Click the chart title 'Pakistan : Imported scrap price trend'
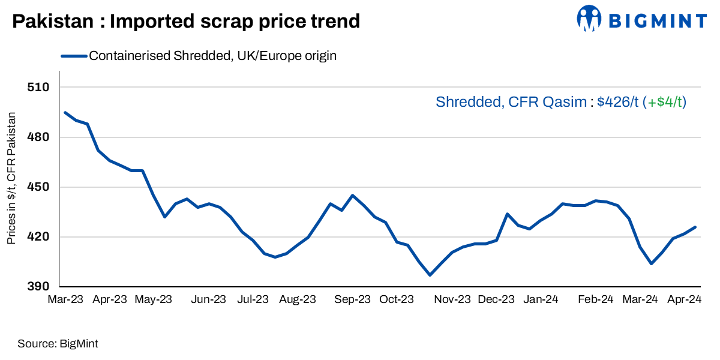click(x=186, y=22)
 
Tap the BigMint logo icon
click(x=589, y=18)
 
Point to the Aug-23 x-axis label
click(x=298, y=299)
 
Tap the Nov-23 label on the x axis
click(x=452, y=299)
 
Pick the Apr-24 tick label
click(x=684, y=299)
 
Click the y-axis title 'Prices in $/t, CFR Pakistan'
click(x=11, y=178)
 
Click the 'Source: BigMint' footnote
click(x=58, y=344)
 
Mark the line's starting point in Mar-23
click(x=65, y=112)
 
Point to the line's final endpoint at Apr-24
click(x=695, y=227)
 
